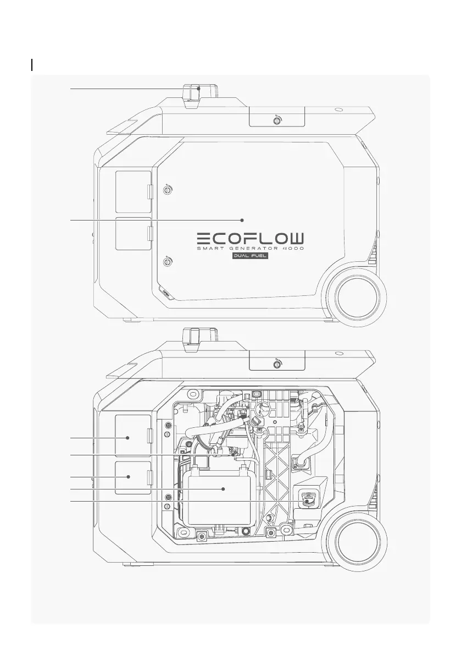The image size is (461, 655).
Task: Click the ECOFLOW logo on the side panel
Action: tap(251, 239)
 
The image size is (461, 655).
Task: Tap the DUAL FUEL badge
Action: tap(251, 256)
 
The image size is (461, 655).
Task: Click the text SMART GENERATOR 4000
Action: tap(251, 249)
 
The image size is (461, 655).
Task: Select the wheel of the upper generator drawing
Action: tap(358, 298)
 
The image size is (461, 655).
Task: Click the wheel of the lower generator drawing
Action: tap(358, 542)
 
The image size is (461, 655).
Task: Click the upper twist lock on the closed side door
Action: tap(167, 190)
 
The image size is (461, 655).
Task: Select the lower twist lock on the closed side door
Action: tap(167, 262)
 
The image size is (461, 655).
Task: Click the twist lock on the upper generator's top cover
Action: tap(276, 120)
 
